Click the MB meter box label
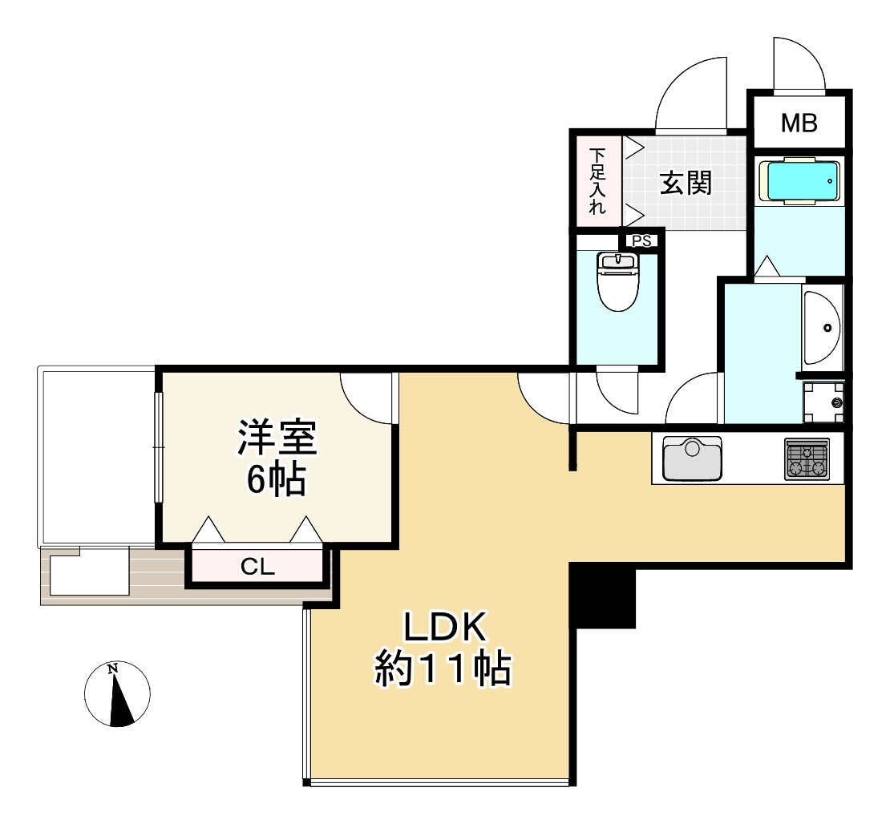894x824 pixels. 799,123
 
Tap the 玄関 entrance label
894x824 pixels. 686,184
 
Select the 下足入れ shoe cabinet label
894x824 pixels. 597,182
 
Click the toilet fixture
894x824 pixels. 617,282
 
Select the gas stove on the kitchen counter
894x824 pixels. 807,459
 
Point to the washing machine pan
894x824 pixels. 824,401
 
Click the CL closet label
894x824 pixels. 258,568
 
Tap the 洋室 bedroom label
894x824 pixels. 277,440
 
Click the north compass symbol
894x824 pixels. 118,694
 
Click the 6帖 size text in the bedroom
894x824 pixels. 275,480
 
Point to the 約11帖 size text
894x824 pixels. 443,670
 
